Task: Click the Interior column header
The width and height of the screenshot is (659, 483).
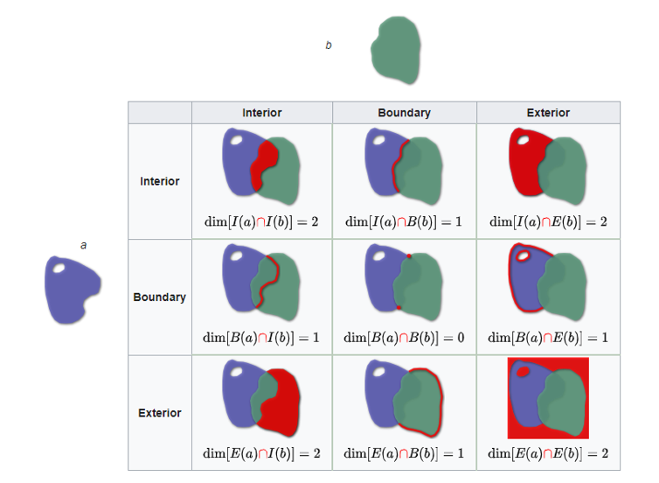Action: pyautogui.click(x=261, y=113)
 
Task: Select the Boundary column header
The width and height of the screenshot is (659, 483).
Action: pyautogui.click(x=404, y=113)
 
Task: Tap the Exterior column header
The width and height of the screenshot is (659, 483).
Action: pyautogui.click(x=548, y=113)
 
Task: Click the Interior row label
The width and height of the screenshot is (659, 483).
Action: pyautogui.click(x=160, y=181)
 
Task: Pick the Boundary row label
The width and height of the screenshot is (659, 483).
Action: pyautogui.click(x=160, y=297)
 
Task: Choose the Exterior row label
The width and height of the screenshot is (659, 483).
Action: pyautogui.click(x=160, y=412)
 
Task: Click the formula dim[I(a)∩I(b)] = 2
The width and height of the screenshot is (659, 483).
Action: pyautogui.click(x=261, y=222)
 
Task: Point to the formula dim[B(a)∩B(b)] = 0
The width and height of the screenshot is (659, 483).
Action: pyautogui.click(x=404, y=338)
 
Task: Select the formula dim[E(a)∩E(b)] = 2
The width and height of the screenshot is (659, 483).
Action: pyautogui.click(x=548, y=453)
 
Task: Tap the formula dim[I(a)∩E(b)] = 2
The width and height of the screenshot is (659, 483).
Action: pyautogui.click(x=548, y=222)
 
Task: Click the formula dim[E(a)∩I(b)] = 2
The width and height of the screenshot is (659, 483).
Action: pyautogui.click(x=261, y=453)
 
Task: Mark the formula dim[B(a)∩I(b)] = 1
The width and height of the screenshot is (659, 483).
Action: pyautogui.click(x=261, y=338)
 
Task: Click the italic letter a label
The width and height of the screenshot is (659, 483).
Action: pyautogui.click(x=84, y=245)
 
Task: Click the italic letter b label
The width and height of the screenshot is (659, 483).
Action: pyautogui.click(x=329, y=45)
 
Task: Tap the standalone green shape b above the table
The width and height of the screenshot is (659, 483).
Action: pyautogui.click(x=395, y=50)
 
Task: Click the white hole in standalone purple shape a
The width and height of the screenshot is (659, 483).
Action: pyautogui.click(x=59, y=269)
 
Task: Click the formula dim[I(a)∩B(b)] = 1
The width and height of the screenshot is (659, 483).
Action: pyautogui.click(x=404, y=222)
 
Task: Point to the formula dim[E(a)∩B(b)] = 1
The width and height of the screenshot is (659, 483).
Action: pyautogui.click(x=404, y=453)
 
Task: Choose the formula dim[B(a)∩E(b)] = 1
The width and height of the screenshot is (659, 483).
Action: pyautogui.click(x=548, y=338)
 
